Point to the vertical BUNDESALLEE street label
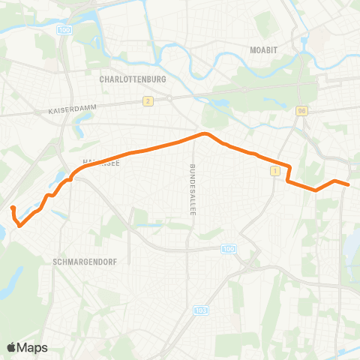[x=193, y=190]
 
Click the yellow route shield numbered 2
[x=148, y=100]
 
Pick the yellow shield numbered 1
[x=275, y=172]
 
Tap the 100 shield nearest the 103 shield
[x=228, y=248]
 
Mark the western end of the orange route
[x=13, y=206]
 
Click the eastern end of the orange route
[x=349, y=184]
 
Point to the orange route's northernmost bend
[x=203, y=134]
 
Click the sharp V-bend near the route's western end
[x=19, y=223]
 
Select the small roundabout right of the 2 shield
[x=170, y=98]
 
